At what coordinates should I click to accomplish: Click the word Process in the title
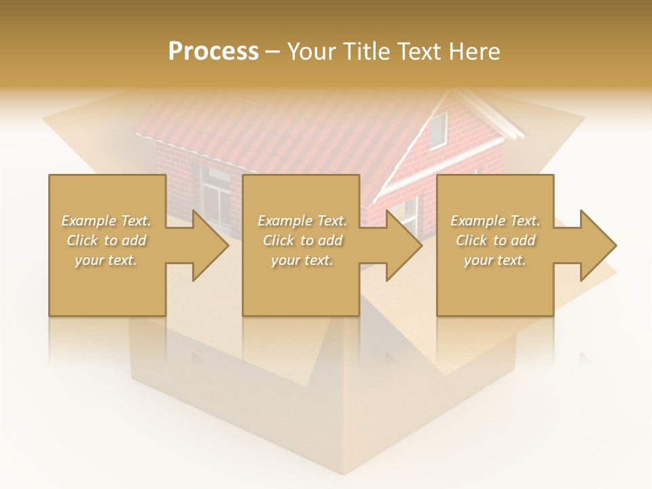tap(213, 52)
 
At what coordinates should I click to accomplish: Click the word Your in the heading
tap(312, 52)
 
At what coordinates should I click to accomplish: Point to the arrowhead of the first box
tap(211, 245)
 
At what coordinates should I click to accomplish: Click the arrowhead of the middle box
tap(404, 245)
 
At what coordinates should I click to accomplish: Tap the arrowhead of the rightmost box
tap(598, 245)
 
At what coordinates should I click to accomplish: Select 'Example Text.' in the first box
tap(106, 221)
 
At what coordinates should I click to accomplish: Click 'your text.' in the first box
tap(106, 260)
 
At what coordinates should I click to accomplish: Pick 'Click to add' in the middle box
tap(302, 240)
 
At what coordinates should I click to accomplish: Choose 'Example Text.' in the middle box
tap(302, 221)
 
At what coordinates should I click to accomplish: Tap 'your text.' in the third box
tap(495, 260)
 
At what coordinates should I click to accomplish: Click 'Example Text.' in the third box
tap(495, 221)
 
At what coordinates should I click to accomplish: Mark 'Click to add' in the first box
tap(106, 240)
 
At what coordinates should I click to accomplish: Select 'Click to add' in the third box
tap(495, 240)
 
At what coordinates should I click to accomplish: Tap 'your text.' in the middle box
tap(302, 260)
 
